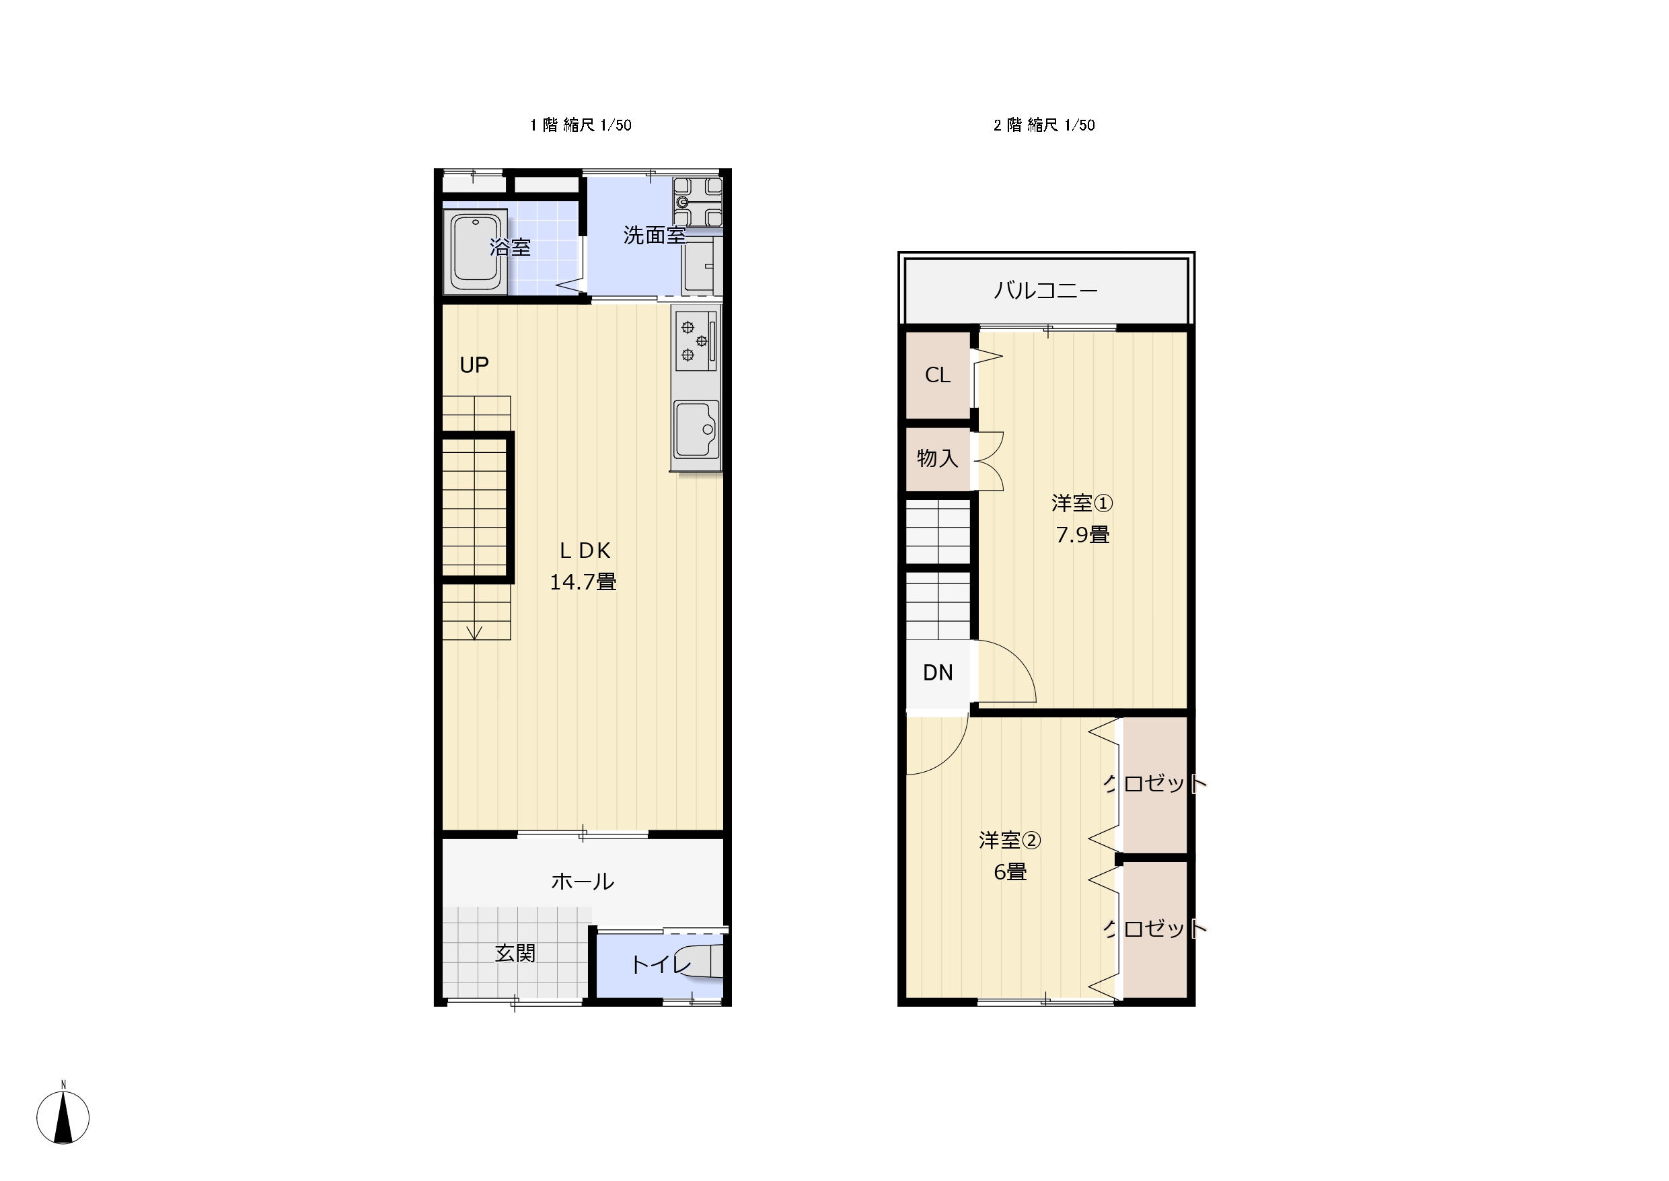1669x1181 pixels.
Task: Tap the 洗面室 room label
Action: pyautogui.click(x=655, y=236)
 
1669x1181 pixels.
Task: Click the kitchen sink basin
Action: pyautogui.click(x=696, y=429)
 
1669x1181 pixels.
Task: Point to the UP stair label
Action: pyautogui.click(x=474, y=365)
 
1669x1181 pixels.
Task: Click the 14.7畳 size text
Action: pyautogui.click(x=583, y=582)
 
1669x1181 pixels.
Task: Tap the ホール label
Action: pyautogui.click(x=583, y=882)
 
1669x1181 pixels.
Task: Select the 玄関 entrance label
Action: pyautogui.click(x=515, y=954)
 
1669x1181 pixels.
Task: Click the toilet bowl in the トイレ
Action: pyautogui.click(x=701, y=963)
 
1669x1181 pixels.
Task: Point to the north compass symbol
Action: pyautogui.click(x=63, y=1117)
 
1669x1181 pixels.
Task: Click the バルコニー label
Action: pyautogui.click(x=1045, y=291)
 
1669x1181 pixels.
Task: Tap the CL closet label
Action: pyautogui.click(x=938, y=375)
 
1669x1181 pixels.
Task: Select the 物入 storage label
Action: pyautogui.click(x=938, y=458)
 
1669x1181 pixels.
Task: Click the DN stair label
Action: pyautogui.click(x=938, y=673)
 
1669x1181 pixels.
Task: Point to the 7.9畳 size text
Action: pyautogui.click(x=1082, y=535)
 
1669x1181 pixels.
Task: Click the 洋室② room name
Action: pyautogui.click(x=1010, y=840)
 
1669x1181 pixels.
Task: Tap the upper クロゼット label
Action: pyautogui.click(x=1155, y=783)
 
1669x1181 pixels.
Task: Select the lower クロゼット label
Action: pyautogui.click(x=1155, y=928)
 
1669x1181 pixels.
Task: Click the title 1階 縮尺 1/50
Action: pyautogui.click(x=581, y=125)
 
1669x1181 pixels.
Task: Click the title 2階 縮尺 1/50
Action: pyautogui.click(x=1045, y=125)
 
